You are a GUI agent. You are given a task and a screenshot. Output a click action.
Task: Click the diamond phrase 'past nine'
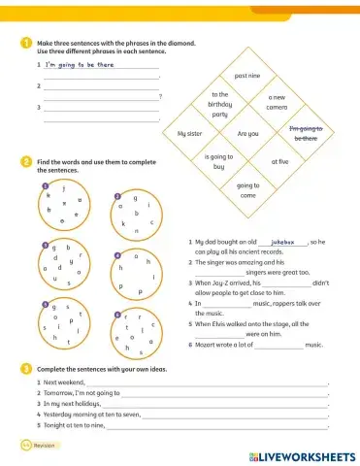click(247, 75)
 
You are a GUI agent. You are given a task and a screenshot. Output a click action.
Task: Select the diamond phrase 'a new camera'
click(276, 102)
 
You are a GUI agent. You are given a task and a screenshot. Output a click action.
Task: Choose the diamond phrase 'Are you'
click(247, 133)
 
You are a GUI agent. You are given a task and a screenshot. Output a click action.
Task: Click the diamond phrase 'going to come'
click(247, 189)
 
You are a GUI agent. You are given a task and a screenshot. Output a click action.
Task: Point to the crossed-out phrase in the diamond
click(305, 133)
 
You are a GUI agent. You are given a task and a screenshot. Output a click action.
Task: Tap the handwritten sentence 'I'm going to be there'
click(79, 64)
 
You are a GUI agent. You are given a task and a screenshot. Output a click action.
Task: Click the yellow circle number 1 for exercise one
click(25, 44)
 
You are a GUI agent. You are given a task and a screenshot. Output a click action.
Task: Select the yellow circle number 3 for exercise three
click(25, 369)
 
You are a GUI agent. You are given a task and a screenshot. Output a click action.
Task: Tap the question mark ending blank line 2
click(159, 96)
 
